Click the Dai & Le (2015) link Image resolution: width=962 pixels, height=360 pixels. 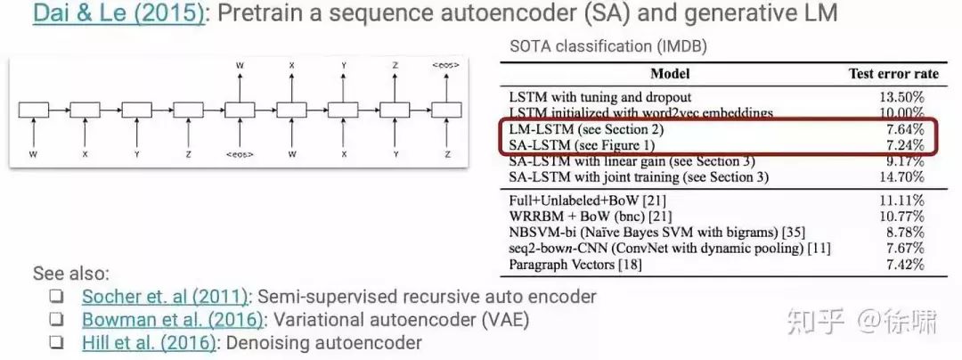[x=118, y=15]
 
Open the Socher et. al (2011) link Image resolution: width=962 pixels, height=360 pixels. [x=164, y=297]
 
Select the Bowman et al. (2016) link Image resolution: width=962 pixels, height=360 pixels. [x=172, y=319]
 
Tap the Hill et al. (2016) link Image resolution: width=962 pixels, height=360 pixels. [x=146, y=342]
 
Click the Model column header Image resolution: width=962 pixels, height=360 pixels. [x=670, y=73]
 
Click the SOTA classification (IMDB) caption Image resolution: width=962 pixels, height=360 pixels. [x=608, y=45]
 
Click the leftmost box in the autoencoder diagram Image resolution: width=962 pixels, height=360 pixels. [x=33, y=110]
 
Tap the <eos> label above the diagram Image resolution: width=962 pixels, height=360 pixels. [x=445, y=65]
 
